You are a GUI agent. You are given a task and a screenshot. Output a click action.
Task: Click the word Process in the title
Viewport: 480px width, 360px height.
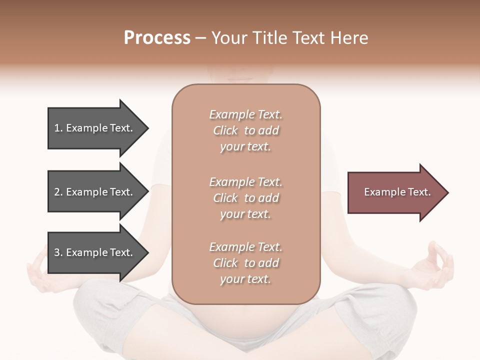point(157,38)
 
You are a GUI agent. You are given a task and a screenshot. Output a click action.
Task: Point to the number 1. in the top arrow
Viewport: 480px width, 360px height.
point(58,128)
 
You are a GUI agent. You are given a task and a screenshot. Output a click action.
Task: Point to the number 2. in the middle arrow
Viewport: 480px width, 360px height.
point(58,192)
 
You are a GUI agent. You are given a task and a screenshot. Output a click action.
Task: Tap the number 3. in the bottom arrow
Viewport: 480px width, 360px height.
point(58,253)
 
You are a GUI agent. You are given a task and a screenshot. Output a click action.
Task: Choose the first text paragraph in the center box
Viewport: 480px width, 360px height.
point(245,130)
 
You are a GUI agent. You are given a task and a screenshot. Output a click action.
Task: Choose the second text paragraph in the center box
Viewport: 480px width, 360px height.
point(245,198)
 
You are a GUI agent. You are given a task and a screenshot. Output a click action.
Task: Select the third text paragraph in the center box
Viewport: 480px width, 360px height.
point(245,263)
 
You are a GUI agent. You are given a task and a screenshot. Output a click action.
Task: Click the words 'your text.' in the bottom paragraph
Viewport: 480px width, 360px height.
point(245,279)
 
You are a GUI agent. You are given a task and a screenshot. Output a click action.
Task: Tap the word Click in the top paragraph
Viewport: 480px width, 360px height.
point(225,131)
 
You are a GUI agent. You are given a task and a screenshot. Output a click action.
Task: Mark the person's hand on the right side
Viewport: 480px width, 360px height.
point(433,265)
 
